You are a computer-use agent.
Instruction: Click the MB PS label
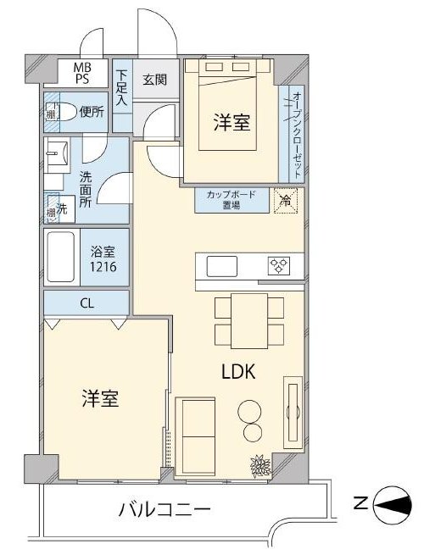82,73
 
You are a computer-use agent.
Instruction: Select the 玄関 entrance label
155,80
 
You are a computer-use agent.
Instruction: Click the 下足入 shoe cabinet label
122,87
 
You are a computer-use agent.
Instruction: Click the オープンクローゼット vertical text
297,134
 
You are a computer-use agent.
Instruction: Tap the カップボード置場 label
232,200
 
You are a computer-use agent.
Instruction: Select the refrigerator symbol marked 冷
286,201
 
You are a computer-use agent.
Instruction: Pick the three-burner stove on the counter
280,266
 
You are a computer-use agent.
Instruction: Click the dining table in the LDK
249,321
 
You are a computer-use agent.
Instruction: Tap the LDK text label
238,372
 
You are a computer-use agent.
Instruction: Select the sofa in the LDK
195,436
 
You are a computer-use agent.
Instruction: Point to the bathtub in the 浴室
61,257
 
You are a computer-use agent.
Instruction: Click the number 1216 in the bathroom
103,266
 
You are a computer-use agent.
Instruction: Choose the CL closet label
86,303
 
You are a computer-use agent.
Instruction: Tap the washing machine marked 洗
60,208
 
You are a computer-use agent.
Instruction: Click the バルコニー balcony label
165,509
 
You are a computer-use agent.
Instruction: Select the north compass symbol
393,505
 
